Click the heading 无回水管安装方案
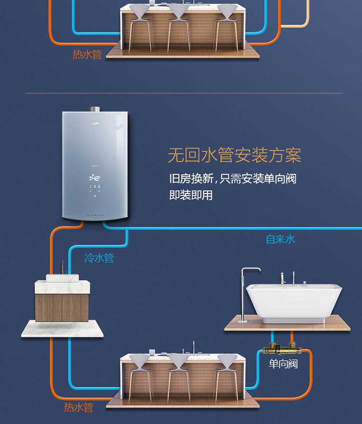(234, 155)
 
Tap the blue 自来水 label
(280, 239)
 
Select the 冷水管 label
(99, 258)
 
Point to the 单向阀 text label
(283, 363)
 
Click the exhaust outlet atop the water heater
(95, 109)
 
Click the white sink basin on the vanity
(62, 278)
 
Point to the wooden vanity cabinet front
(61, 306)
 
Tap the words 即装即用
(191, 196)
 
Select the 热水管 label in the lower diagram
(78, 407)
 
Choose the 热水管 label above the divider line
(87, 55)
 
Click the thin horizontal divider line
(183, 93)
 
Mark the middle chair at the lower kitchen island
(179, 374)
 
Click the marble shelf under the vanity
(61, 328)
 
